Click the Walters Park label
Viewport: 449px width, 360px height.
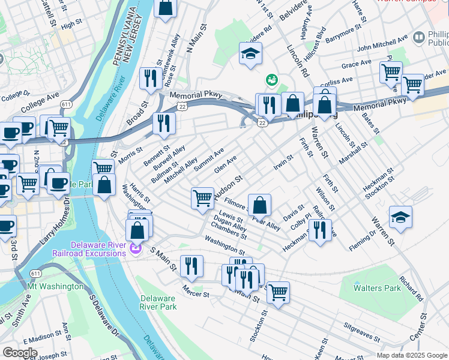pyautogui.click(x=377, y=288)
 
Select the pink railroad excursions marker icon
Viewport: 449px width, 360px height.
pyautogui.click(x=136, y=248)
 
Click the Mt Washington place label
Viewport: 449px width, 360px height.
pyautogui.click(x=56, y=287)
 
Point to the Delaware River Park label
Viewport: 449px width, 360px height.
pyautogui.click(x=158, y=302)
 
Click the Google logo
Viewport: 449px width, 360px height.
pyautogui.click(x=20, y=352)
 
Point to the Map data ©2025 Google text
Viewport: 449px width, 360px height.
pyautogui.click(x=411, y=355)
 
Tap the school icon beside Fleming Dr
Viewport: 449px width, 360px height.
pyautogui.click(x=400, y=218)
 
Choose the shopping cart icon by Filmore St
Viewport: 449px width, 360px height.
pyautogui.click(x=203, y=198)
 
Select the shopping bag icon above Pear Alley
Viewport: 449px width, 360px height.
pyautogui.click(x=259, y=205)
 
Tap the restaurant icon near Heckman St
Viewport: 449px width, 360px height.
pyautogui.click(x=319, y=230)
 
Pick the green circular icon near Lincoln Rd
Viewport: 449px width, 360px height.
pyautogui.click(x=271, y=79)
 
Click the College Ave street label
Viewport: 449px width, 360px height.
pyautogui.click(x=39, y=103)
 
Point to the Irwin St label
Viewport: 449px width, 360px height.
pyautogui.click(x=283, y=161)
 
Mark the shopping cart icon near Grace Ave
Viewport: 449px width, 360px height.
pyautogui.click(x=391, y=73)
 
